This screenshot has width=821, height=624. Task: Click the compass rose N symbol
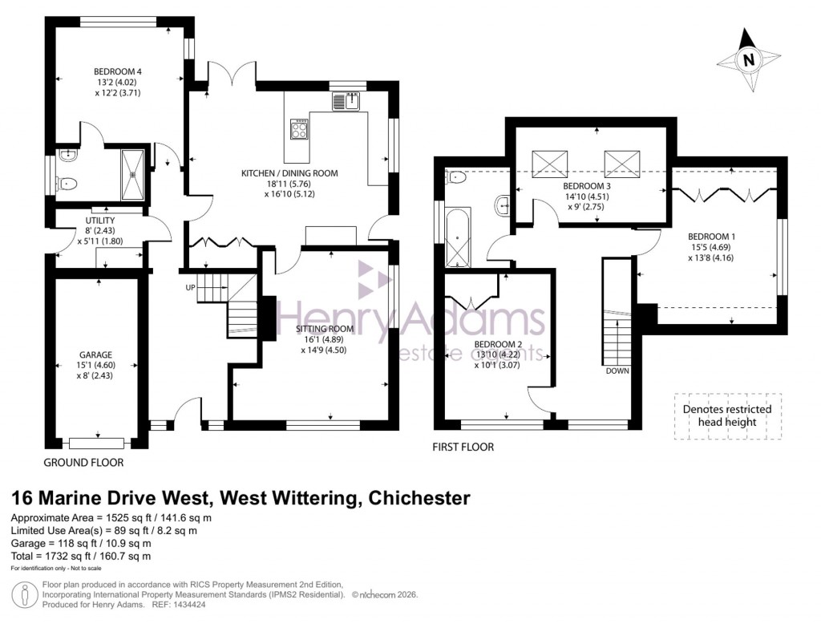point(748,59)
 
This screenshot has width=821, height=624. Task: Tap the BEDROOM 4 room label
point(118,71)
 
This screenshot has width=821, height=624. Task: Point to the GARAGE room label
point(95,355)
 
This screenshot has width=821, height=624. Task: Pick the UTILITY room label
point(100,221)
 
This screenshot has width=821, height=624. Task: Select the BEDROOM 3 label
point(588,185)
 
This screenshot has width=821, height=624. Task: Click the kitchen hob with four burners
point(300,129)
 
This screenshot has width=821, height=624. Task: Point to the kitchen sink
point(348,102)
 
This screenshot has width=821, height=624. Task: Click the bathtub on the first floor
point(457,237)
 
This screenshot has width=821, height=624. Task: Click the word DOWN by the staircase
point(617,371)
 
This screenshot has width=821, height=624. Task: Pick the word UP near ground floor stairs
point(190,287)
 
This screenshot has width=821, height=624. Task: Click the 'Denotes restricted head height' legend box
point(726,415)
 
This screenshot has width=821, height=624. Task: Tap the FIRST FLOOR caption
point(464,447)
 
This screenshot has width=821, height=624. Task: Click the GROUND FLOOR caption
point(84,463)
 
